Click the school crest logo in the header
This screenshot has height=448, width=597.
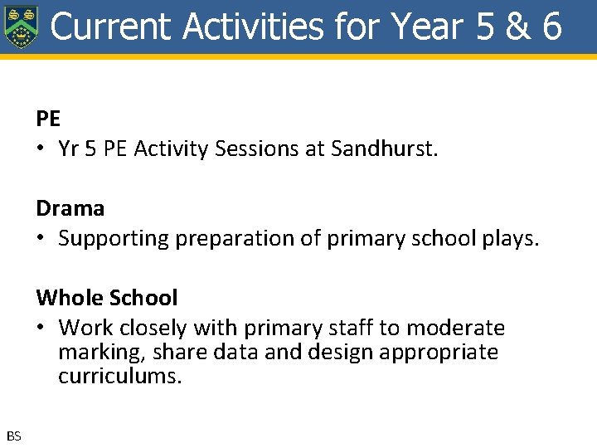(x=21, y=27)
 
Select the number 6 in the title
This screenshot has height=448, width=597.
(x=552, y=26)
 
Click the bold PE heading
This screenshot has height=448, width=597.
(x=48, y=119)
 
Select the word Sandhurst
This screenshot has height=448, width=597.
(x=384, y=149)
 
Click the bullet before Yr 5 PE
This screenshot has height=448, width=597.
(x=41, y=149)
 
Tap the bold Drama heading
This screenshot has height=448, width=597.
(x=70, y=208)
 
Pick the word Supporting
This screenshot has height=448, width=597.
(x=109, y=239)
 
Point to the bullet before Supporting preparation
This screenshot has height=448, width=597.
(x=41, y=239)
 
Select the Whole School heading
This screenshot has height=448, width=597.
(x=106, y=298)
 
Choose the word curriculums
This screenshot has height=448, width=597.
(x=119, y=376)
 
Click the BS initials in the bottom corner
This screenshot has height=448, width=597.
(x=14, y=436)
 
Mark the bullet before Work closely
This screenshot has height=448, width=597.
(x=41, y=329)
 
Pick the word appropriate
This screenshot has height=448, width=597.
(x=439, y=353)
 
